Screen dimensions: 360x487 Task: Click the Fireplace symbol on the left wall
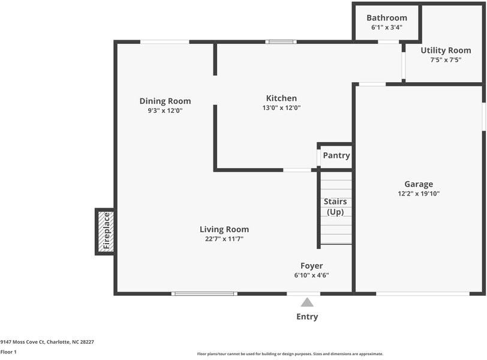click(106, 232)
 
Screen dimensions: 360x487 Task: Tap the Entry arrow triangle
click(307, 302)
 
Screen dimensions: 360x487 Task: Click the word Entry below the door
click(307, 316)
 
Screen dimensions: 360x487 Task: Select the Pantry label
click(336, 155)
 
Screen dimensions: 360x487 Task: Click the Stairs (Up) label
click(335, 206)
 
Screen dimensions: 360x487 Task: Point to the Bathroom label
click(387, 18)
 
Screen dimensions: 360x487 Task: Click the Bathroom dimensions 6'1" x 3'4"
click(387, 28)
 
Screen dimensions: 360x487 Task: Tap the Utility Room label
click(446, 50)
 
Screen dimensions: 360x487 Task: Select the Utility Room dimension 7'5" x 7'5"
click(446, 60)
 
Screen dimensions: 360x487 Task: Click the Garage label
click(419, 184)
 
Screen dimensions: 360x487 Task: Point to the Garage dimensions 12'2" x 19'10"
click(419, 194)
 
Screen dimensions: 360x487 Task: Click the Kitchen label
click(281, 98)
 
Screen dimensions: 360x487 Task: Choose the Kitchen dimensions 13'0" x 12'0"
click(281, 108)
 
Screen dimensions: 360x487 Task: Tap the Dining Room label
click(165, 101)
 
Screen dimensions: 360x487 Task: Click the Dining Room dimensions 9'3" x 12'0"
click(165, 110)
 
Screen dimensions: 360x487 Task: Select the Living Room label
click(224, 229)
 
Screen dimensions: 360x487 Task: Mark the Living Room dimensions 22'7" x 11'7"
click(224, 239)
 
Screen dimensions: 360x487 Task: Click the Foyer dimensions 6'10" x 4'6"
click(311, 275)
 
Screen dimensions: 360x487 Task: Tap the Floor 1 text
click(8, 352)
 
